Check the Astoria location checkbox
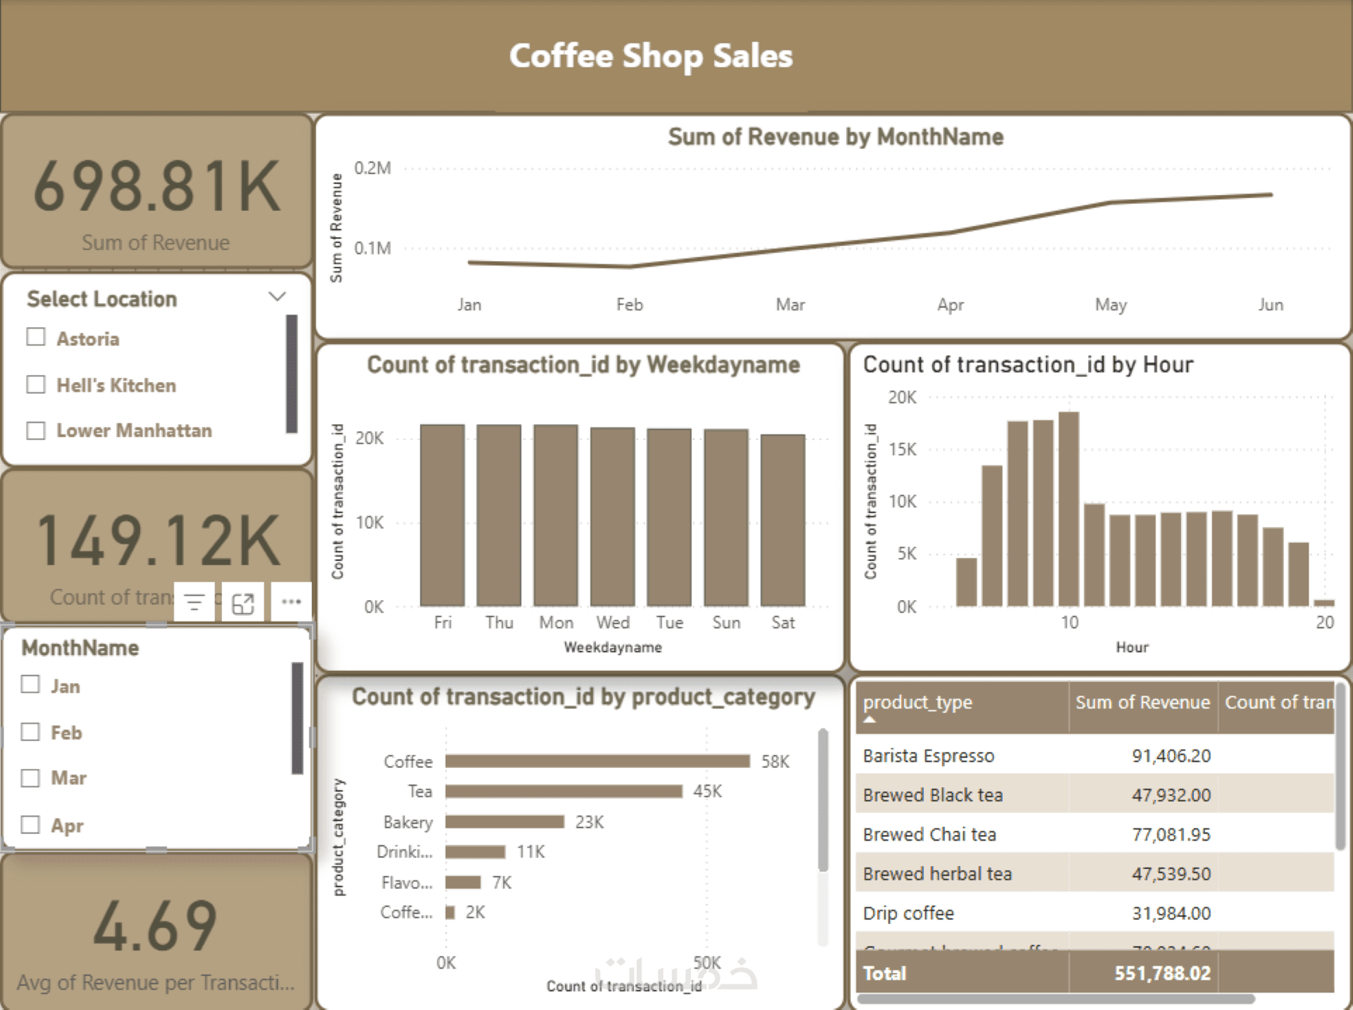pyautogui.click(x=36, y=337)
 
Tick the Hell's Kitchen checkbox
pyautogui.click(x=36, y=384)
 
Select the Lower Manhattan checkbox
pyautogui.click(x=36, y=431)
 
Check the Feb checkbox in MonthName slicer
pyautogui.click(x=30, y=731)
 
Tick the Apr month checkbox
pyautogui.click(x=30, y=825)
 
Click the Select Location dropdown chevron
pyautogui.click(x=277, y=297)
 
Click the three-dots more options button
pyautogui.click(x=290, y=602)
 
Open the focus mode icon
pyautogui.click(x=243, y=603)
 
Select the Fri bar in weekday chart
pyautogui.click(x=442, y=515)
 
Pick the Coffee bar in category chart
pyautogui.click(x=597, y=762)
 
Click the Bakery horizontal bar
pyautogui.click(x=505, y=821)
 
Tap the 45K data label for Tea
pyautogui.click(x=707, y=791)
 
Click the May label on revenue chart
pyautogui.click(x=1110, y=305)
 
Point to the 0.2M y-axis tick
pyautogui.click(x=372, y=168)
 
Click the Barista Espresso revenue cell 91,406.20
pyautogui.click(x=1171, y=755)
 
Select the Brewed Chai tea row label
pyautogui.click(x=929, y=834)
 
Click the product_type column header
pyautogui.click(x=918, y=702)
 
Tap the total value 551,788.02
pyautogui.click(x=1162, y=973)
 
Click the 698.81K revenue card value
pyautogui.click(x=157, y=186)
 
